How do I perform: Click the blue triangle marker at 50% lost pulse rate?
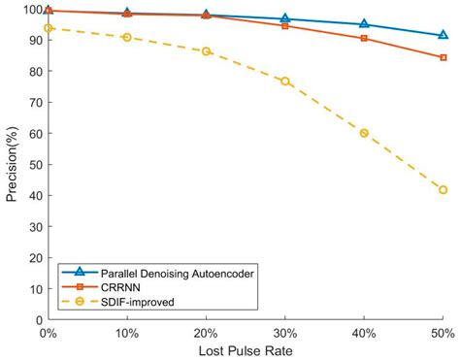click(x=443, y=35)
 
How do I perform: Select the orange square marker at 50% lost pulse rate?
click(x=443, y=57)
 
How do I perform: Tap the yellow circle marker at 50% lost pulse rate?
click(x=443, y=189)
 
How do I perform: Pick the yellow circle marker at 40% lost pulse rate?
click(x=364, y=133)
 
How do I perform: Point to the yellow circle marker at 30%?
click(x=284, y=81)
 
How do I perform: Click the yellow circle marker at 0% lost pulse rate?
click(x=48, y=28)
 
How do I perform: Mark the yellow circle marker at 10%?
click(x=126, y=37)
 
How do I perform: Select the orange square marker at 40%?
click(x=364, y=38)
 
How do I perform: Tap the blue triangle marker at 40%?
click(x=364, y=23)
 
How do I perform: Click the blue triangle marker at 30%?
click(x=284, y=18)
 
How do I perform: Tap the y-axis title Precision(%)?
click(x=12, y=164)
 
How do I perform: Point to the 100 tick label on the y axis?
click(x=31, y=10)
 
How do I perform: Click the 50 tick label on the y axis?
click(x=34, y=165)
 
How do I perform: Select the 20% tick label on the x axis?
click(x=206, y=332)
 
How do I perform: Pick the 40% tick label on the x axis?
click(x=364, y=332)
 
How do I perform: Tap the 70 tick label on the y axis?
click(x=34, y=103)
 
